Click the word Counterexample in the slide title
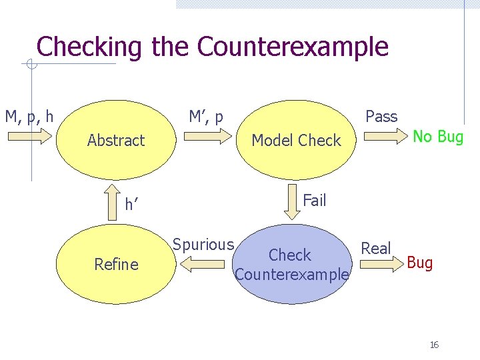pos(293,47)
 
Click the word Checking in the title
pos(89,47)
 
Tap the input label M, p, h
pos(29,117)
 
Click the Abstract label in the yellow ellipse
pos(116,141)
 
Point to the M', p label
pos(206,117)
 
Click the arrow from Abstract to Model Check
pos(206,137)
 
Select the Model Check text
pos(296,141)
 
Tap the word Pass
pos(381,117)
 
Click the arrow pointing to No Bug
pos(382,137)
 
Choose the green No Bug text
pos(438,137)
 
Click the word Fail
pos(314,200)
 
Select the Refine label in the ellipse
pos(116,265)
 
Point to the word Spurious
pos(203,245)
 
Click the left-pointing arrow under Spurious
pos(204,265)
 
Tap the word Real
pos(376,249)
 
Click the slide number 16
pos(434,345)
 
